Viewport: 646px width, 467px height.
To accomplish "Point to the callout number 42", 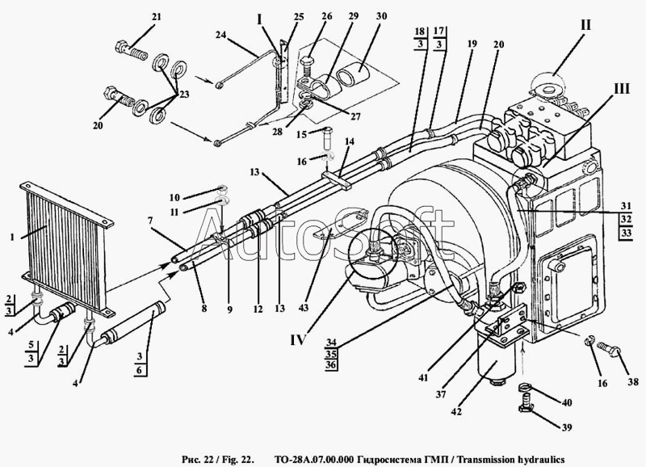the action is pyautogui.click(x=456, y=411).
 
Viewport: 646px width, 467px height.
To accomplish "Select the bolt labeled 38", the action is pyautogui.click(x=609, y=350).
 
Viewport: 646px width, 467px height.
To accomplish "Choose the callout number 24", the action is pyautogui.click(x=220, y=35).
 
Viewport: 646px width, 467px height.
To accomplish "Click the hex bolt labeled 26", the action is pyautogui.click(x=307, y=66).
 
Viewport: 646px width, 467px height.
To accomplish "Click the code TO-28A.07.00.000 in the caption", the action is pyautogui.click(x=313, y=459).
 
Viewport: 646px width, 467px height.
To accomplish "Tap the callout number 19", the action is pyautogui.click(x=472, y=44).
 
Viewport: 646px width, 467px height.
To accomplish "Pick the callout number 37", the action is pyautogui.click(x=441, y=394).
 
